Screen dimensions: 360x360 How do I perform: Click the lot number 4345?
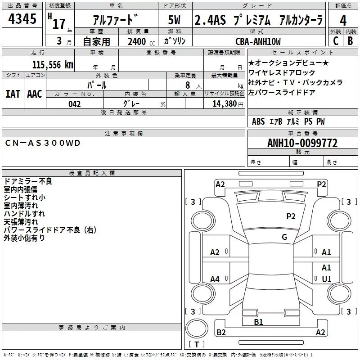click(22, 20)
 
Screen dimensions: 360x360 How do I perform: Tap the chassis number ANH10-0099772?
click(302, 143)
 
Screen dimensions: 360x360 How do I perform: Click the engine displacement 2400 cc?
click(137, 41)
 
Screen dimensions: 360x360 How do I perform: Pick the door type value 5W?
click(174, 21)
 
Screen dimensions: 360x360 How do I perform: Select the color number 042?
click(75, 104)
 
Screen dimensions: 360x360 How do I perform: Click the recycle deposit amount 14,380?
click(225, 104)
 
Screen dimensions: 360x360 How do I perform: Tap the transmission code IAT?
click(13, 94)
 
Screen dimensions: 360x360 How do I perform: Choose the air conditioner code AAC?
click(35, 94)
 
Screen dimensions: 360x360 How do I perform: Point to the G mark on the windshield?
click(284, 237)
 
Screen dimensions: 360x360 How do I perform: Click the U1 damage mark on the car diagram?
click(327, 279)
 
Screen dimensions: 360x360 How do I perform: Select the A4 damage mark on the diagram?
click(215, 279)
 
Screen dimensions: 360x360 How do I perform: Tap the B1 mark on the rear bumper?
click(258, 322)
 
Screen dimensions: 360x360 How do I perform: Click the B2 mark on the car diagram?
click(221, 333)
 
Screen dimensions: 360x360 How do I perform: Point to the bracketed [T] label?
click(196, 345)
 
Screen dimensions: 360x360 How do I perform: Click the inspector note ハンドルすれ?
click(24, 213)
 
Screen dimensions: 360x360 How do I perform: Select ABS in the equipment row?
click(258, 121)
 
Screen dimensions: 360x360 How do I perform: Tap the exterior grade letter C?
click(335, 41)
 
